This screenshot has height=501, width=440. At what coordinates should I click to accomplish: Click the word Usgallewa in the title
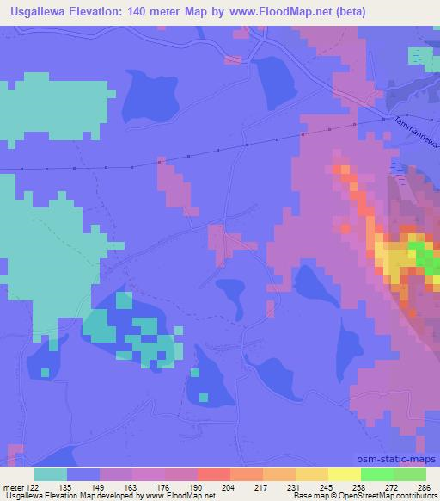44,13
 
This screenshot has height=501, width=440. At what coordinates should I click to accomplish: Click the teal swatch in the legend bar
51,474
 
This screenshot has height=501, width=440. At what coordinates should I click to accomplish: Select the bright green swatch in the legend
377,474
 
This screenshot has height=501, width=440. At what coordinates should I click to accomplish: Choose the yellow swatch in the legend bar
312,474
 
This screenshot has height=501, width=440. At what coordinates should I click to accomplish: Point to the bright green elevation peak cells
419,256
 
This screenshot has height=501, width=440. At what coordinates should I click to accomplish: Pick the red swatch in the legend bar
214,474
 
